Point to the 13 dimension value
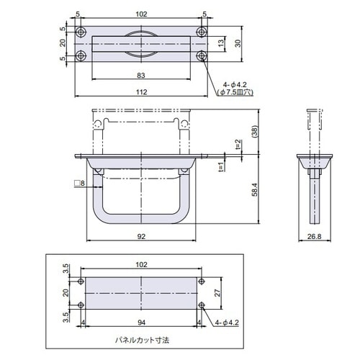pos(221,44)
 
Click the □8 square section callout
pos(78,184)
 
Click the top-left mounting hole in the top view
pos(81,32)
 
